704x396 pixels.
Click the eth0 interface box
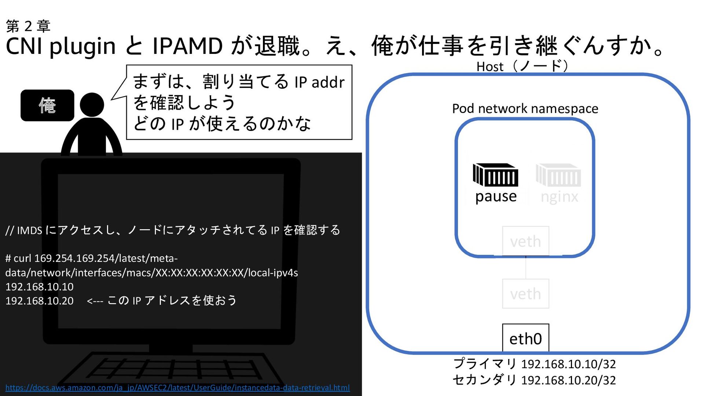(x=525, y=338)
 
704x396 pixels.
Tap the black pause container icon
(x=495, y=175)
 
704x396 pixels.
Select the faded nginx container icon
(x=558, y=175)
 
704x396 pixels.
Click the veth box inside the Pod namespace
(x=525, y=241)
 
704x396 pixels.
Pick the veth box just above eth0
(x=525, y=293)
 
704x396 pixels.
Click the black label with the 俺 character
(x=47, y=105)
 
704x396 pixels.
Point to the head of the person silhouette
(x=92, y=104)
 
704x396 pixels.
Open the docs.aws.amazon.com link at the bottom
(x=177, y=388)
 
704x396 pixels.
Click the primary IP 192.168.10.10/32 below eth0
(x=568, y=364)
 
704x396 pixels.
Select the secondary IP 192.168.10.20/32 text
(x=568, y=380)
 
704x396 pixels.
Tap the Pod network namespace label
(x=525, y=109)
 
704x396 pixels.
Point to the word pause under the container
(x=496, y=197)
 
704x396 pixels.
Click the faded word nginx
(x=559, y=197)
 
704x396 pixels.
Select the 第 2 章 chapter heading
(x=28, y=26)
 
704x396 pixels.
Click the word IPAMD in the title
(x=187, y=46)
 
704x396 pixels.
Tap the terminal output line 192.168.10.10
(x=40, y=287)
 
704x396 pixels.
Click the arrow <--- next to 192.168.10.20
(x=95, y=301)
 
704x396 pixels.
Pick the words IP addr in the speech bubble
(x=319, y=82)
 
